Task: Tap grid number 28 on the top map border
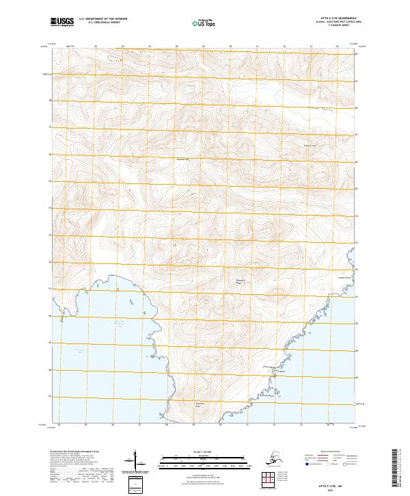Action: pos(176,47)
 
